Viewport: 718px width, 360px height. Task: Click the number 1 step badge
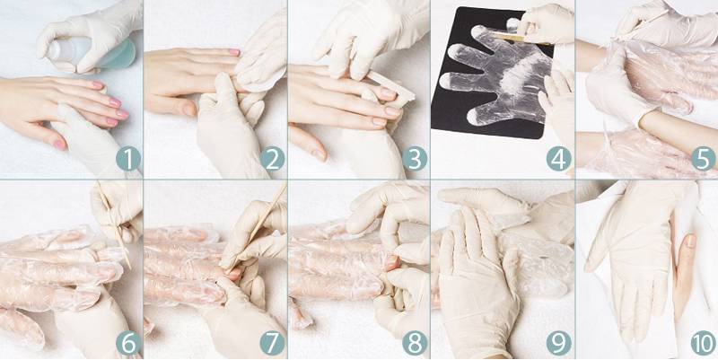pyautogui.click(x=128, y=159)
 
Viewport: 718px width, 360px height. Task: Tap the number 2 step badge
pyautogui.click(x=272, y=159)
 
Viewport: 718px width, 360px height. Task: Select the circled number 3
pyautogui.click(x=415, y=159)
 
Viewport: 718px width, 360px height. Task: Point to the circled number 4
pyautogui.click(x=558, y=159)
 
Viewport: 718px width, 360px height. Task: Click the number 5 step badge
pyautogui.click(x=704, y=159)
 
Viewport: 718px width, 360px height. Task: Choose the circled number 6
pyautogui.click(x=128, y=343)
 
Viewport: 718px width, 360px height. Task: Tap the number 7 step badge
pyautogui.click(x=272, y=343)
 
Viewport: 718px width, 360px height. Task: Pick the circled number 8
pyautogui.click(x=415, y=343)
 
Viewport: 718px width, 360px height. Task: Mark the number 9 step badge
pyautogui.click(x=558, y=343)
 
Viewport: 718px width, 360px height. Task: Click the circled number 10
pyautogui.click(x=704, y=343)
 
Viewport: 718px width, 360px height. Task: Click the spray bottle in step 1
pyautogui.click(x=92, y=53)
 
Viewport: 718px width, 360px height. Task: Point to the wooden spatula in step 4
pyautogui.click(x=522, y=38)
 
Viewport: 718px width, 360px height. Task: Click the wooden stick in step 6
pyautogui.click(x=114, y=225)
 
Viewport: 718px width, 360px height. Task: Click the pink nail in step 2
pyautogui.click(x=234, y=52)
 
